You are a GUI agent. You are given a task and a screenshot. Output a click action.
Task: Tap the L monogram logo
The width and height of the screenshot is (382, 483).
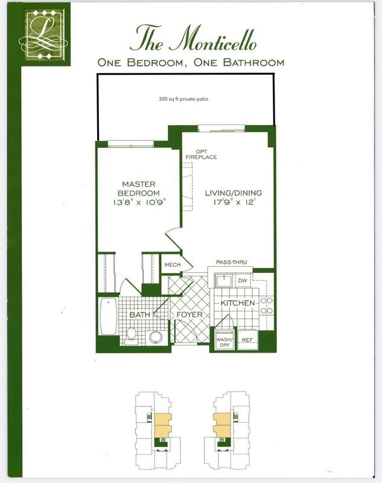click(x=45, y=34)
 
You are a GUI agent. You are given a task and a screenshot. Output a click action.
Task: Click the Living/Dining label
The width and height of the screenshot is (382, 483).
click(x=233, y=193)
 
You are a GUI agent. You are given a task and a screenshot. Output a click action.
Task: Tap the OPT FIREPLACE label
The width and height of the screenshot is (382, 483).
click(x=205, y=155)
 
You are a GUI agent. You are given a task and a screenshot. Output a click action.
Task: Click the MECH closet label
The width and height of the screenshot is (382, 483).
click(x=173, y=265)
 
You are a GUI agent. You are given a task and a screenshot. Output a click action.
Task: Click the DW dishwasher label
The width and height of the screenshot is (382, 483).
click(x=243, y=280)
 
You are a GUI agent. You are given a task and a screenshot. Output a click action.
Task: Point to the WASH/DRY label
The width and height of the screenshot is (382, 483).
click(x=224, y=342)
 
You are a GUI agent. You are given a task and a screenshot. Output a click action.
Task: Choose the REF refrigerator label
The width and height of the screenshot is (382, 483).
click(x=247, y=339)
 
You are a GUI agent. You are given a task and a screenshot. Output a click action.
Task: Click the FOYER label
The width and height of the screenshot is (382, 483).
click(x=189, y=315)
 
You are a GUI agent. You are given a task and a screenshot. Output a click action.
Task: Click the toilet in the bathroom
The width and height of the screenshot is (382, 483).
click(x=131, y=336)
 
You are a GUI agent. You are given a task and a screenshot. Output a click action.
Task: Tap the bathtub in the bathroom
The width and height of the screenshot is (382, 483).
click(x=107, y=318)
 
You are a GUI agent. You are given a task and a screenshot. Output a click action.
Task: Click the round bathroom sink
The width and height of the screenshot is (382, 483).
click(x=156, y=336)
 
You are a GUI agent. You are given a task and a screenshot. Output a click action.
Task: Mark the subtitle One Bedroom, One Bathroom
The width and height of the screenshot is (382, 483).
click(x=191, y=62)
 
